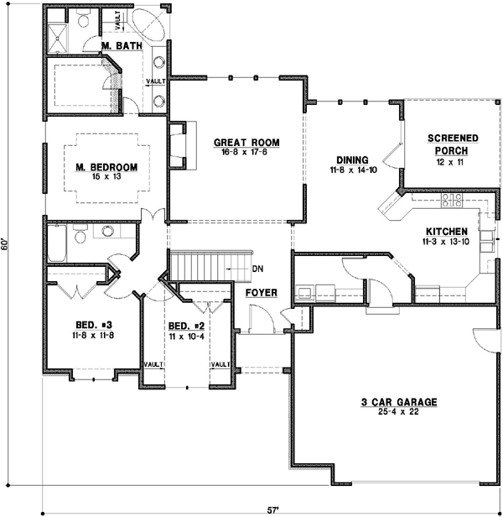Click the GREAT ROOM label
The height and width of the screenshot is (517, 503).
click(x=246, y=143)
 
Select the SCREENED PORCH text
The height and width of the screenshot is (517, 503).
click(x=452, y=144)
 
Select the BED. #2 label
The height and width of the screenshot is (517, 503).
click(x=186, y=326)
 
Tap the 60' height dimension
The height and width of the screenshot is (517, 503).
click(x=7, y=243)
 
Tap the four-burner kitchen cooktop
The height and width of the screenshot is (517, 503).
click(x=452, y=202)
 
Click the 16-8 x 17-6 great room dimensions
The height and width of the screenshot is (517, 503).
click(x=246, y=153)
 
